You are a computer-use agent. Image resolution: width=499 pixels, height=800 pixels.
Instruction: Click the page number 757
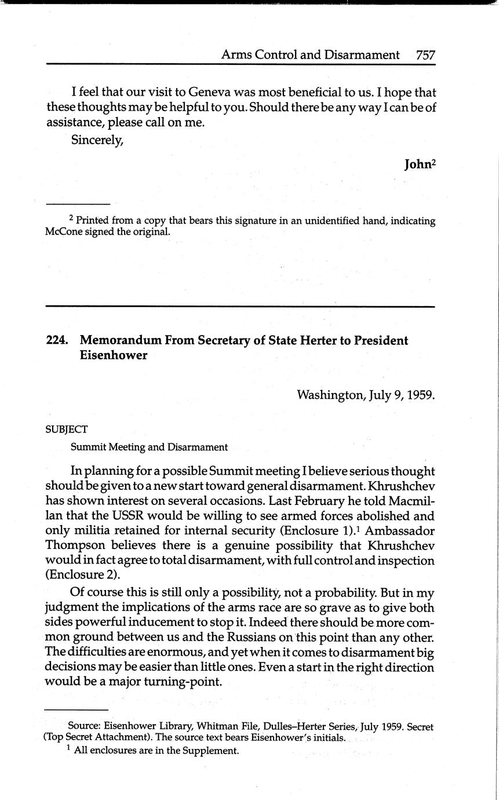(425, 55)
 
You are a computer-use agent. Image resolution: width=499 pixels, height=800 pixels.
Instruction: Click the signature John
(417, 164)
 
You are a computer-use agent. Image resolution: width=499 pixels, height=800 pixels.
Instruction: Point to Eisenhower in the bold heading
(114, 355)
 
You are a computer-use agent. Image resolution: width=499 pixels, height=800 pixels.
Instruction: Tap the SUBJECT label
(67, 430)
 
